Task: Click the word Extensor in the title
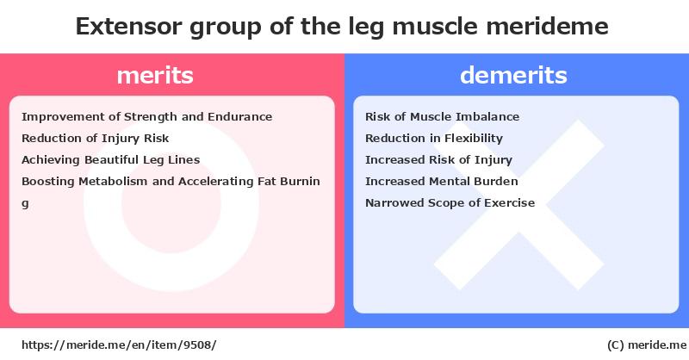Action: [x=128, y=27]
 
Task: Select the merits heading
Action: [x=155, y=75]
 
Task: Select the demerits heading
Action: [x=513, y=75]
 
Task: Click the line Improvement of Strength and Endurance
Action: [x=146, y=117]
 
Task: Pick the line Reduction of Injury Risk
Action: [x=96, y=139]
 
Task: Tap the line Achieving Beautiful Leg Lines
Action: [x=111, y=160]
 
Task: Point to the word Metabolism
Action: [x=113, y=182]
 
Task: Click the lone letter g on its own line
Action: [x=25, y=204]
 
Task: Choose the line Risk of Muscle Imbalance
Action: [x=442, y=117]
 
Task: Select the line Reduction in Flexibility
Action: [x=434, y=139]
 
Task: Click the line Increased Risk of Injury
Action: [x=438, y=160]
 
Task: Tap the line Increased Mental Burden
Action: [x=442, y=182]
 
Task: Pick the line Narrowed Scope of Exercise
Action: [x=450, y=203]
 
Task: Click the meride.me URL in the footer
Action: [x=119, y=345]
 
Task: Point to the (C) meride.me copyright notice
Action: [x=647, y=345]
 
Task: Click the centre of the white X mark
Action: [x=519, y=205]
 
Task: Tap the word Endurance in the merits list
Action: [x=240, y=117]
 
